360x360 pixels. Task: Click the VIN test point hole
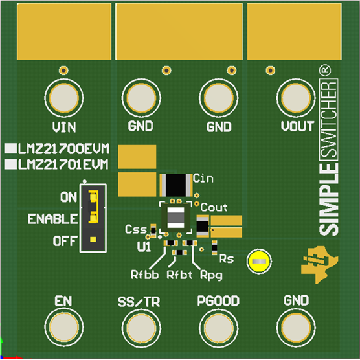63,99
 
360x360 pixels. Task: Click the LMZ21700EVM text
63,148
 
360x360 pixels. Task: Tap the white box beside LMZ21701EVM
10,163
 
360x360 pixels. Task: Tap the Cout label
214,207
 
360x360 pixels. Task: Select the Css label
136,230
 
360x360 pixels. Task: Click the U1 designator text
144,247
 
